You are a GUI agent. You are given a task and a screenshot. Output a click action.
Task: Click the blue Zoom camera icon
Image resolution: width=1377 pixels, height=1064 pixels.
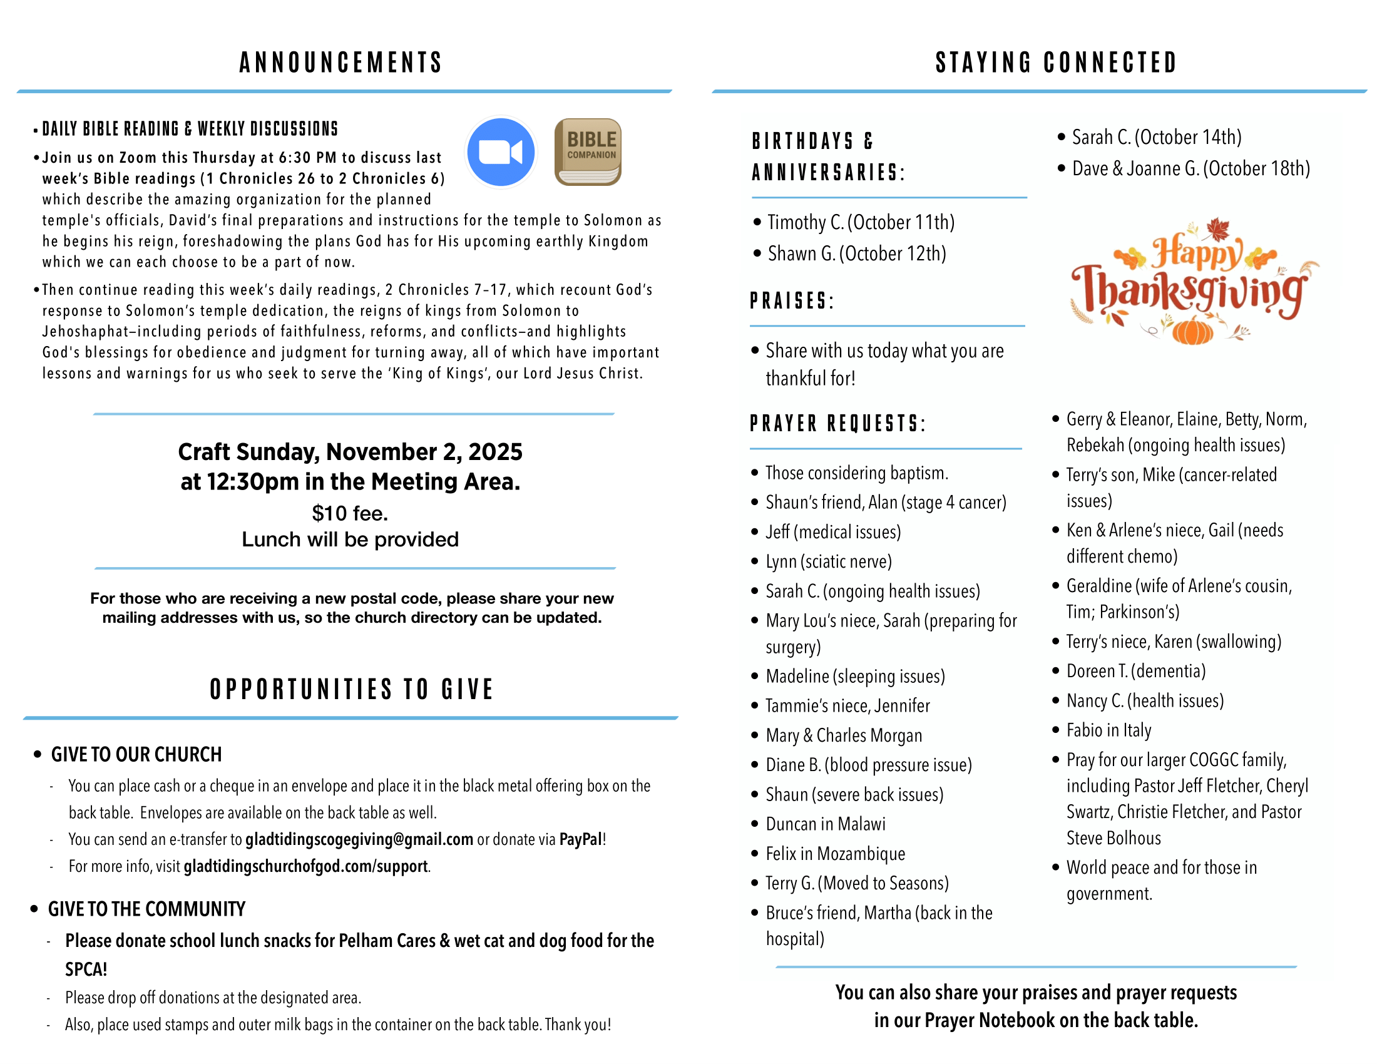tap(501, 152)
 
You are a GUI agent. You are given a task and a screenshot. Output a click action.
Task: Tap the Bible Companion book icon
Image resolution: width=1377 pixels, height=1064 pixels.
tap(588, 152)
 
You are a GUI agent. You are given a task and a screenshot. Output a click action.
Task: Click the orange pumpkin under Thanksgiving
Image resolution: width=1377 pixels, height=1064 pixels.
tap(1192, 330)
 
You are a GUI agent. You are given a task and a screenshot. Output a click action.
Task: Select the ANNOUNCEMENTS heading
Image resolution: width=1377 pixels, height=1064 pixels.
tap(340, 63)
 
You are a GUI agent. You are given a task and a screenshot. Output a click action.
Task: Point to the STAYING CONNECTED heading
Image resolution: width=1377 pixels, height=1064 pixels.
tap(1056, 63)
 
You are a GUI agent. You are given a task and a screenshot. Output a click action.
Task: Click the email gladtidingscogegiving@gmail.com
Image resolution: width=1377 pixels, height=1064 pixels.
tap(359, 839)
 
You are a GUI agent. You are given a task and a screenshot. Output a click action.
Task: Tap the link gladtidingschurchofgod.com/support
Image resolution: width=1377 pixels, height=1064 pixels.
tap(306, 867)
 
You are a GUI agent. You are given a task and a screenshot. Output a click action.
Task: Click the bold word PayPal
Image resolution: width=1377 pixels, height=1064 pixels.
tap(581, 839)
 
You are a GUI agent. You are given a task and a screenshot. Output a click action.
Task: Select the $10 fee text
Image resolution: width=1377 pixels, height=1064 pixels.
tap(350, 513)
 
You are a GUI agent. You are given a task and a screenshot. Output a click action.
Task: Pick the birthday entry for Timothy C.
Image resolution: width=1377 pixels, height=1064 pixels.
tap(861, 223)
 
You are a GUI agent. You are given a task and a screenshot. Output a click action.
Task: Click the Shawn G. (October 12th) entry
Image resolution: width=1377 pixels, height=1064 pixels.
tap(857, 254)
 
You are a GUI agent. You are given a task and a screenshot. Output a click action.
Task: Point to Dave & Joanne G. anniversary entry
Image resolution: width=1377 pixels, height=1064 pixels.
tap(1191, 169)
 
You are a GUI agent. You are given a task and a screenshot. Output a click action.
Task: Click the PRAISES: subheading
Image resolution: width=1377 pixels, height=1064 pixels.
tap(792, 301)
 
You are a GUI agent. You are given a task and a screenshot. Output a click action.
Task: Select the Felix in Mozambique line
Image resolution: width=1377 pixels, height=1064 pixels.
tap(836, 854)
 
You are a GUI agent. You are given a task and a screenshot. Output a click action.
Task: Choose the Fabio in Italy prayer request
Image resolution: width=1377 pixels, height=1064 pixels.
tap(1108, 730)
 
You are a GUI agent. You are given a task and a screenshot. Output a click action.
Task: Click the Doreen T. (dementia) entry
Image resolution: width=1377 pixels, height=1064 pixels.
tap(1135, 672)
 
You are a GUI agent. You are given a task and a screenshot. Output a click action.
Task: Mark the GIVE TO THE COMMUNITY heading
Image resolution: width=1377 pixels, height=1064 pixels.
tap(147, 909)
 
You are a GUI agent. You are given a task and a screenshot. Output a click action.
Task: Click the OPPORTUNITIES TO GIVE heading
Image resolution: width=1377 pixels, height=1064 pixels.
tap(351, 689)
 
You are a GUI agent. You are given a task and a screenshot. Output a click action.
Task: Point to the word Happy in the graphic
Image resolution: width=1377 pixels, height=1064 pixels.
tap(1197, 252)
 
